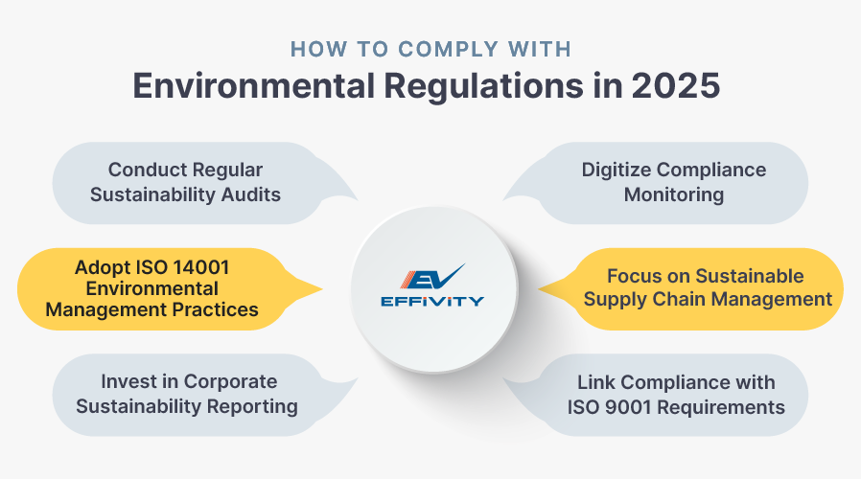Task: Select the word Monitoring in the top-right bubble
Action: coord(674,194)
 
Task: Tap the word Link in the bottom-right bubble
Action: coord(596,382)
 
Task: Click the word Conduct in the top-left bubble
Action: coord(144,170)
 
